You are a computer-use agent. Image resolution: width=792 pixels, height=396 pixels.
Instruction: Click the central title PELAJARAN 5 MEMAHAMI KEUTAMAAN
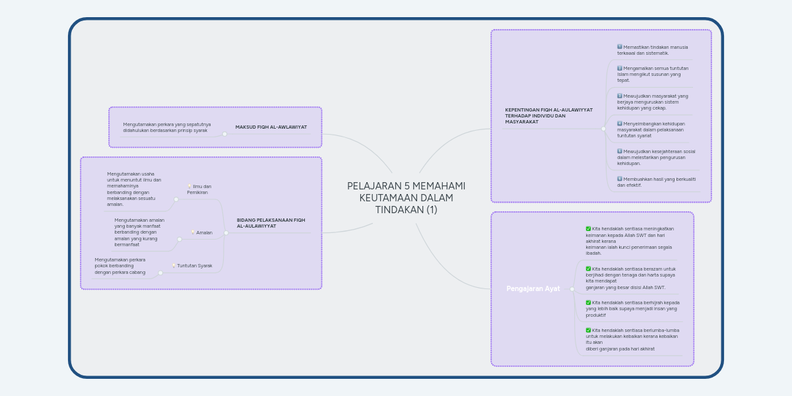point(406,197)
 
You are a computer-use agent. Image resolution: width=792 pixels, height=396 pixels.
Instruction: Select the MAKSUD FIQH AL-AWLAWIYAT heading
point(271,127)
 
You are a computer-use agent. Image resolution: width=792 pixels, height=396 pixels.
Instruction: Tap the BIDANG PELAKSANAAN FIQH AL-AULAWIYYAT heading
point(271,223)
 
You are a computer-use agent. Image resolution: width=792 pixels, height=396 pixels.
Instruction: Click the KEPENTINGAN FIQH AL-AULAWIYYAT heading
point(548,115)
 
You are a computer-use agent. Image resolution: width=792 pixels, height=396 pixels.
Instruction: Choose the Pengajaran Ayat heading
point(533,289)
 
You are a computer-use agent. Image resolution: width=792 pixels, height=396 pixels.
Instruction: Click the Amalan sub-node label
point(204,232)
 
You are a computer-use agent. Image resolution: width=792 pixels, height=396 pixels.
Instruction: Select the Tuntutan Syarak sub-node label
point(194,266)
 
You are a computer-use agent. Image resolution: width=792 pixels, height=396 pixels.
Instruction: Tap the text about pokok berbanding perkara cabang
point(119,266)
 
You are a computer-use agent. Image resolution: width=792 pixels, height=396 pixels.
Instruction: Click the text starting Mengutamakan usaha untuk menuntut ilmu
point(133,189)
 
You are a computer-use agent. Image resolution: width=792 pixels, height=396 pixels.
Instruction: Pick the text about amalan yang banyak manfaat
point(139,232)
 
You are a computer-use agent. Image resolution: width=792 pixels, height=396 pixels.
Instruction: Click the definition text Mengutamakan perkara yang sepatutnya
point(166,127)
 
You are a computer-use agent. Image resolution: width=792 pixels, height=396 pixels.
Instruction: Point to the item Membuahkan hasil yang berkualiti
point(656,182)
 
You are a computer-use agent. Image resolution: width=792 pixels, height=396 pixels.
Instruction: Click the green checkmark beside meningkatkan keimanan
point(588,229)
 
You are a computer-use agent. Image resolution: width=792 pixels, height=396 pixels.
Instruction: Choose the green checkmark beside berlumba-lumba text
point(588,330)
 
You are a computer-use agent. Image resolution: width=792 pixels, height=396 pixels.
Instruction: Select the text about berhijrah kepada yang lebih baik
point(632,308)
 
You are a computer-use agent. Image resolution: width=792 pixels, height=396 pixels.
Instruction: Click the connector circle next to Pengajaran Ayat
point(572,289)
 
